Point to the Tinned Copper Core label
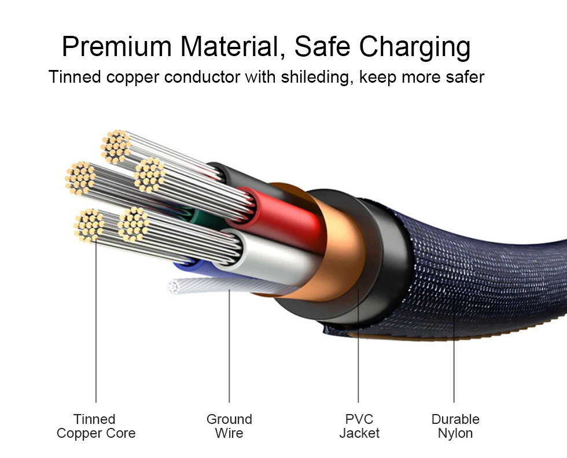click(x=95, y=426)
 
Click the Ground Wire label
click(x=229, y=426)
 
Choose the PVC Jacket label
click(x=359, y=426)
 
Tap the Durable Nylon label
click(x=455, y=426)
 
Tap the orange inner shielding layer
click(x=341, y=243)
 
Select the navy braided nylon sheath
click(x=486, y=260)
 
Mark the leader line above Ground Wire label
click(x=229, y=347)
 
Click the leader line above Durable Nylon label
click(x=454, y=359)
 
